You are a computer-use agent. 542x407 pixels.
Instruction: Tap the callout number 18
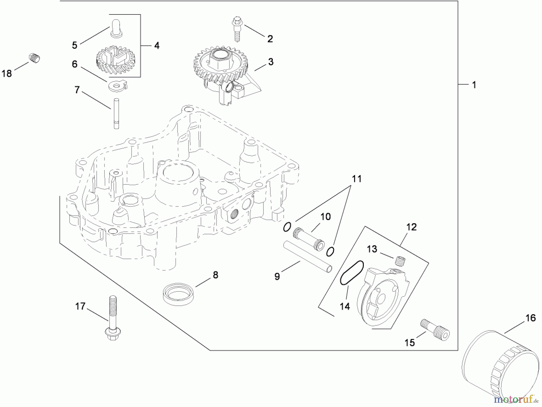pos(7,74)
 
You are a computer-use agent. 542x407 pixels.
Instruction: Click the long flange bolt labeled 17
pos(112,319)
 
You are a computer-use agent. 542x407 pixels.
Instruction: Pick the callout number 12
pos(411,227)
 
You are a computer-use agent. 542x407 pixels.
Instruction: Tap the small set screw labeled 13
pos(400,261)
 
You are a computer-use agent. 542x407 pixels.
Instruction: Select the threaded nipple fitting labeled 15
pos(435,330)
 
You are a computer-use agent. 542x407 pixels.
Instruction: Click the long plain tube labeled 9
pos(308,255)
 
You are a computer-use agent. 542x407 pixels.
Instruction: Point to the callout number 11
pos(357,179)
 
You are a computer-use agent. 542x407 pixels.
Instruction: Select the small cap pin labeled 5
pos(117,29)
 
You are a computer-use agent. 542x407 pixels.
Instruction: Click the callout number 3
pos(271,62)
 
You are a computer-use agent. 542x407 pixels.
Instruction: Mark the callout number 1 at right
pos(474,85)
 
